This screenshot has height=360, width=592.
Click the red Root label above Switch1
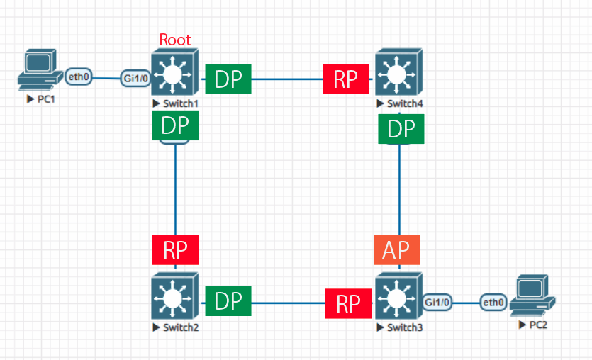pyautogui.click(x=175, y=40)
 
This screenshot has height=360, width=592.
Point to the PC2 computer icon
pyautogui.click(x=533, y=296)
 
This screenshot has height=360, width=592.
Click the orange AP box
pyautogui.click(x=397, y=250)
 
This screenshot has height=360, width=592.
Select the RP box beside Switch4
pyautogui.click(x=346, y=79)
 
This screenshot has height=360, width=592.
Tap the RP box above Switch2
pyautogui.click(x=175, y=250)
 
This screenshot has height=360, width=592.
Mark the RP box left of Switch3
pyautogui.click(x=349, y=303)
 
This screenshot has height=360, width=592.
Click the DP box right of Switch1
pyautogui.click(x=228, y=79)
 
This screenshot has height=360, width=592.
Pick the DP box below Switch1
pyautogui.click(x=175, y=126)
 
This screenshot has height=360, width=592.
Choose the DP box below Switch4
pyautogui.click(x=401, y=128)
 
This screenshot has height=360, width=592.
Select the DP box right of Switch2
pyautogui.click(x=228, y=301)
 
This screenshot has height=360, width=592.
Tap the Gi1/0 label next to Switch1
pyautogui.click(x=136, y=79)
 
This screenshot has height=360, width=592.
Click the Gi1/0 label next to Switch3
pyautogui.click(x=438, y=302)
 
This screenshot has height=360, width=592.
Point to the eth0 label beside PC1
pyautogui.click(x=79, y=76)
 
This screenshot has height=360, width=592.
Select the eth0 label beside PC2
pyautogui.click(x=494, y=303)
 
